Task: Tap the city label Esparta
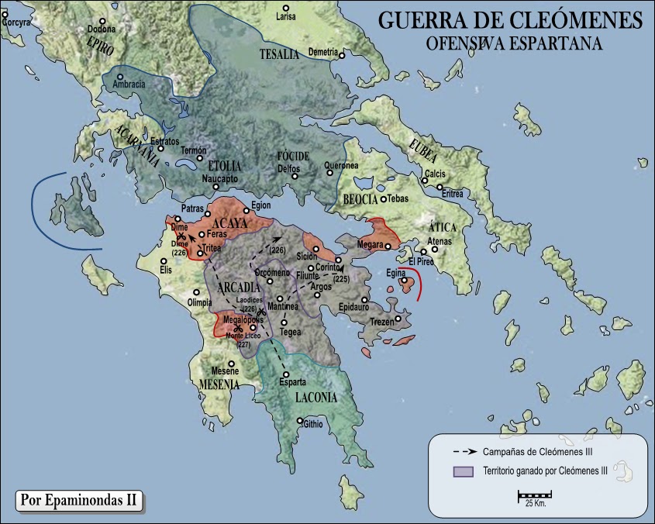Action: [x=293, y=383]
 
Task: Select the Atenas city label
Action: [x=440, y=242]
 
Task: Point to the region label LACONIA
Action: [x=316, y=398]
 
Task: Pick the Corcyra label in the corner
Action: [x=16, y=22]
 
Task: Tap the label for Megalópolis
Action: [x=243, y=319]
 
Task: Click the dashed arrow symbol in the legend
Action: [x=464, y=450]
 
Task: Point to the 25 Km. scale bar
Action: [x=534, y=495]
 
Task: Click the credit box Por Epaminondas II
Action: [x=79, y=500]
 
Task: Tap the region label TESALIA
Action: [x=279, y=53]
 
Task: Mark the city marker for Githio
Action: [x=299, y=422]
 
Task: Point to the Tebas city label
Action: [x=397, y=198]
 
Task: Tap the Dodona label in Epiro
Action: [x=101, y=29]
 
